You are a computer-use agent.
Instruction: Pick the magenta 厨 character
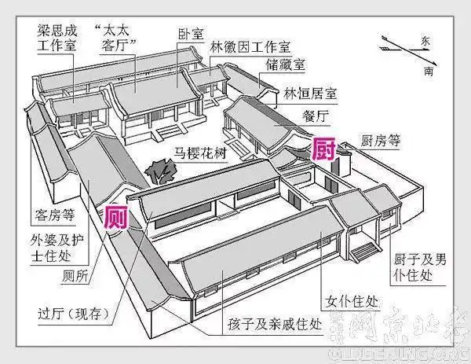pyautogui.click(x=323, y=147)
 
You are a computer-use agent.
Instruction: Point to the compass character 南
pyautogui.click(x=427, y=71)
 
